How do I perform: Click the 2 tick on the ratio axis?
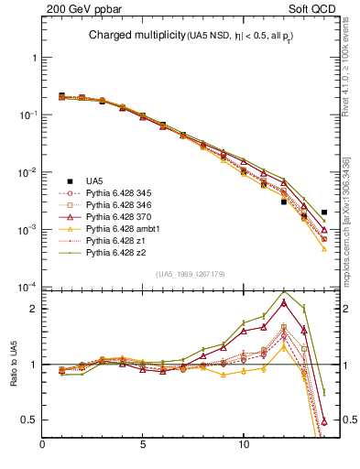[34, 309]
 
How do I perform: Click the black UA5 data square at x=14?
[324, 213]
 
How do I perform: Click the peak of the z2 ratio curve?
[284, 292]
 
